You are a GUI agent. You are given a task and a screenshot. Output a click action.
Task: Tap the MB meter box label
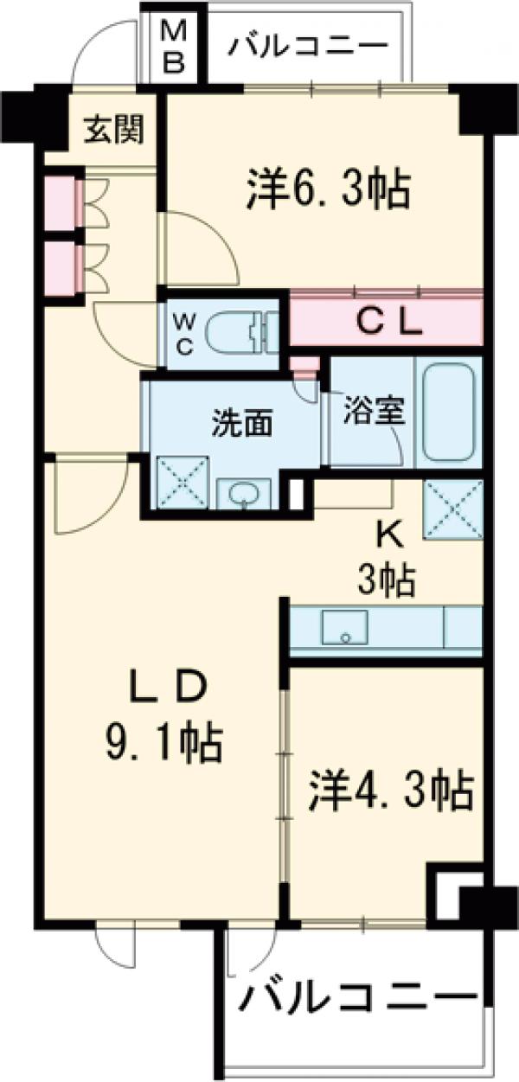175,48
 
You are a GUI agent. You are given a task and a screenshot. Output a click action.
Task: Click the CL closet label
389,323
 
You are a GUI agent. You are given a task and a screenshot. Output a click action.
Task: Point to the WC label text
187,333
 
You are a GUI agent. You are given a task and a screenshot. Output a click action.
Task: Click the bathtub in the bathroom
447,412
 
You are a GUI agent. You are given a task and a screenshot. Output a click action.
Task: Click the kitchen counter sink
344,629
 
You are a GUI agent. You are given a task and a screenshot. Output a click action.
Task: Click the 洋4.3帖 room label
390,790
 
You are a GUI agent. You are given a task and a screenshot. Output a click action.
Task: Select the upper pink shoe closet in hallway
60,204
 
